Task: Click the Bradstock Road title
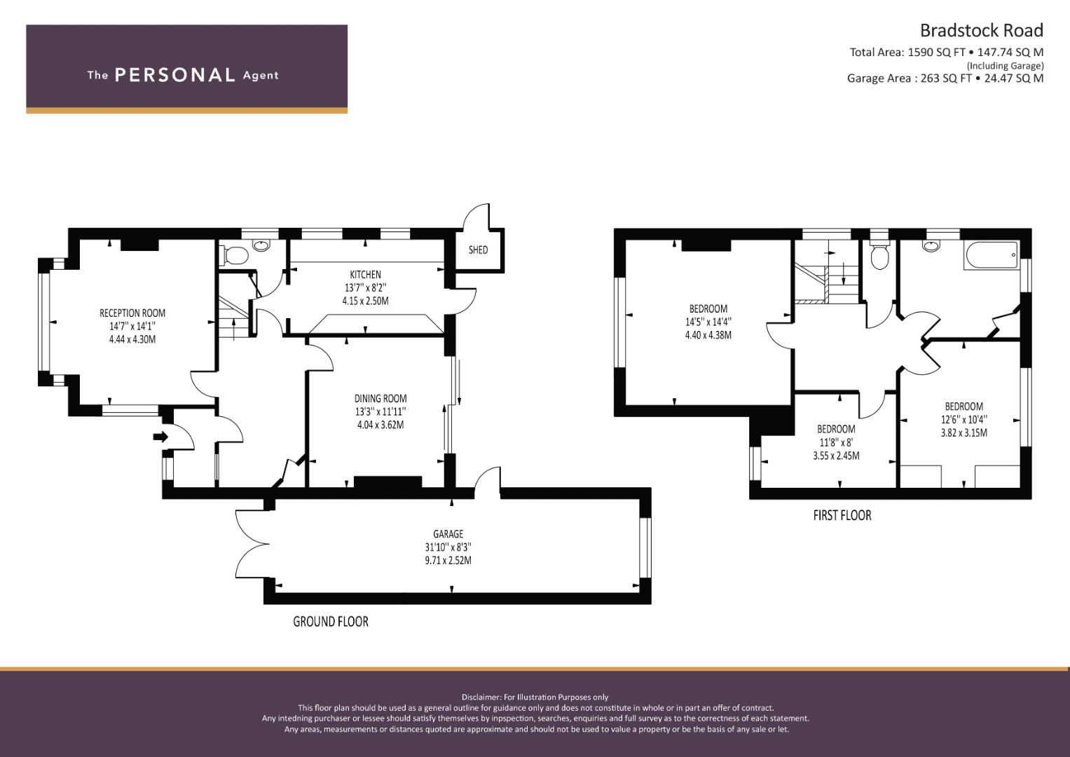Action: point(981,31)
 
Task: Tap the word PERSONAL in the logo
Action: point(175,75)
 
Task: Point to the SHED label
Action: point(478,250)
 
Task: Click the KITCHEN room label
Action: point(365,275)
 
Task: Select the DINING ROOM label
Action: point(380,399)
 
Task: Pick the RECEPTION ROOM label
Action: point(132,313)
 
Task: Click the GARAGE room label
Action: point(448,534)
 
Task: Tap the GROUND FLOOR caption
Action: point(331,622)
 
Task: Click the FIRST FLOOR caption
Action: point(842,516)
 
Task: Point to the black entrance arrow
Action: point(161,436)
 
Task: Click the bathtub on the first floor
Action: point(992,257)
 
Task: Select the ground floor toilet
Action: point(234,256)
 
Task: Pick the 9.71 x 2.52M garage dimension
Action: point(448,561)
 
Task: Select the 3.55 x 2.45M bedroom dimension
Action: point(836,456)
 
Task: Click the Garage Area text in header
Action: point(945,79)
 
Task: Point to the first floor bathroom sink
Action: point(931,246)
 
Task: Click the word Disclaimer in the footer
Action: point(481,697)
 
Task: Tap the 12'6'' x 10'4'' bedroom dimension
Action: point(964,420)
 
